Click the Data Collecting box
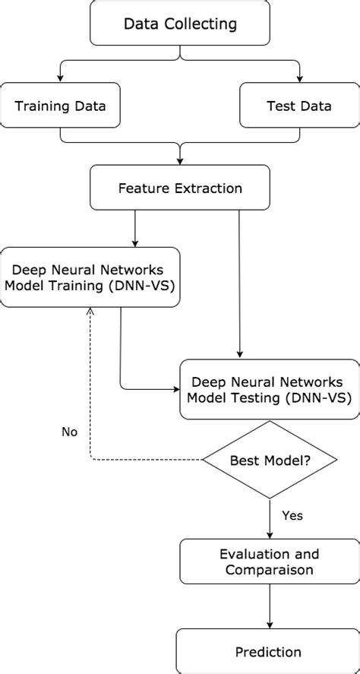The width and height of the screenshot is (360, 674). (x=180, y=24)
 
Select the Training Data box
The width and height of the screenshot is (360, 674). (x=60, y=106)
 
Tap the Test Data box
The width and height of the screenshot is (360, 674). (x=298, y=106)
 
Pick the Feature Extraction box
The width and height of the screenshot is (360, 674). (x=180, y=188)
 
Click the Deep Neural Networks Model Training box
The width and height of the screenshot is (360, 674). (x=90, y=277)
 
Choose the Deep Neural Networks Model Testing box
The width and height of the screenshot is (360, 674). (x=270, y=389)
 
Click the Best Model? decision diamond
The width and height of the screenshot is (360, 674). (x=270, y=460)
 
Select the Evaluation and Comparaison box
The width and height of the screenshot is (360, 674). (x=270, y=561)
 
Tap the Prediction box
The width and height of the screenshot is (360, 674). (x=270, y=651)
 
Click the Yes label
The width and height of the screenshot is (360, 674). (x=292, y=515)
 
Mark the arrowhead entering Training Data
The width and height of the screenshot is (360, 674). (x=60, y=79)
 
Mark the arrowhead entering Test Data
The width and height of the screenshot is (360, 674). (x=298, y=79)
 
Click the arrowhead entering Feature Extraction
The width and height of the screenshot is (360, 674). (x=180, y=161)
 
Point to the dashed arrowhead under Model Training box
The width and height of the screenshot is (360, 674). (x=90, y=312)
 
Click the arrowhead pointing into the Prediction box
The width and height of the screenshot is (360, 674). (x=270, y=625)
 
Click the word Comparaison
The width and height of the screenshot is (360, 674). (x=270, y=568)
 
